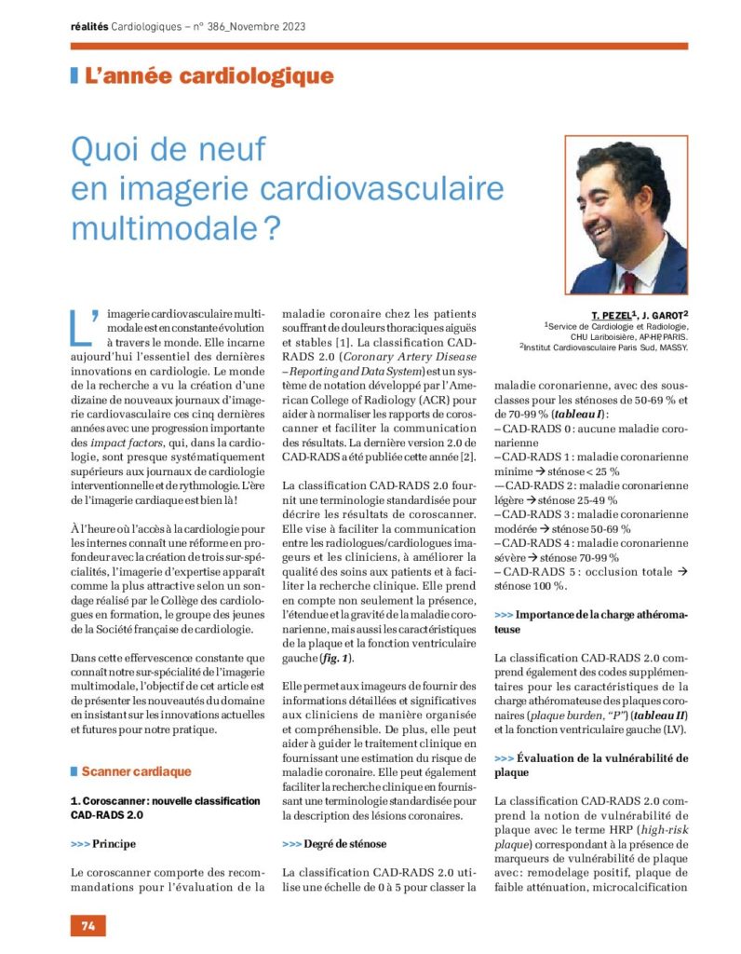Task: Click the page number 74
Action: [x=88, y=925]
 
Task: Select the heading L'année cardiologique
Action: [x=209, y=76]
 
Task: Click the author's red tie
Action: [x=629, y=280]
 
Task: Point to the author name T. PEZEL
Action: [x=611, y=315]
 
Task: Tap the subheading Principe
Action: [x=114, y=844]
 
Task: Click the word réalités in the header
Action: [x=88, y=26]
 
